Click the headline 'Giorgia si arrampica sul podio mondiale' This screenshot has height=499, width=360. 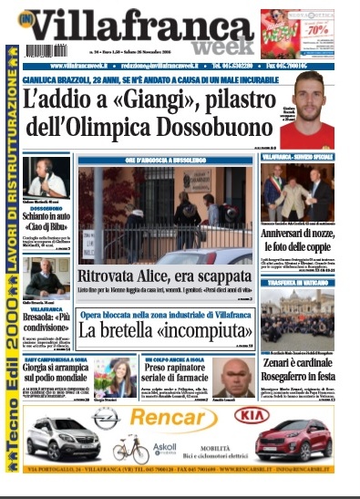click(x=60, y=375)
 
